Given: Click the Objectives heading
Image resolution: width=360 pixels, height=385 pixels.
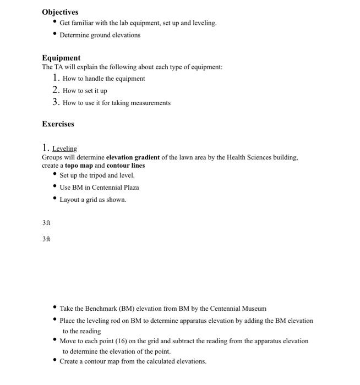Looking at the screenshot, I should (60, 12).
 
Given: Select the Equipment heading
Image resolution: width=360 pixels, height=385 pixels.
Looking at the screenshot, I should (61, 58).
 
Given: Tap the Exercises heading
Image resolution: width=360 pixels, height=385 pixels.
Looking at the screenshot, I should (58, 124).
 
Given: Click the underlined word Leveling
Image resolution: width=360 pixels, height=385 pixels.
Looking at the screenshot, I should (64, 148).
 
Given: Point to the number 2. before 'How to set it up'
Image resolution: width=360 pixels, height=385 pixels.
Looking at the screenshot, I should (56, 90).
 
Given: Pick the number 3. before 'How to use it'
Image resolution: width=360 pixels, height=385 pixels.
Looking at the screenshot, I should (56, 102).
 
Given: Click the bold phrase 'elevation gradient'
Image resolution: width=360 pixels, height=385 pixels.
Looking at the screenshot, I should (133, 157).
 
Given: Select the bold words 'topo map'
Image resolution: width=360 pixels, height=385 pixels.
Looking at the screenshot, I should (79, 166).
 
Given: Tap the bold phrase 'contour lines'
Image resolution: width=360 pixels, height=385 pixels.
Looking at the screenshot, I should (126, 166).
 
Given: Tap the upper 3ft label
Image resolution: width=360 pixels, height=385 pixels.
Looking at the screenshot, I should (46, 223).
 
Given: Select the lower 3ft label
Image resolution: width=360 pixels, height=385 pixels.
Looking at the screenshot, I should (46, 239).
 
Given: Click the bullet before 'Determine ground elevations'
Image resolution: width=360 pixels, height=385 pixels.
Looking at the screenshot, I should (54, 35).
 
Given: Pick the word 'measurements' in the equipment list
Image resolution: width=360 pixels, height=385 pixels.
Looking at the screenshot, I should (150, 103).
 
